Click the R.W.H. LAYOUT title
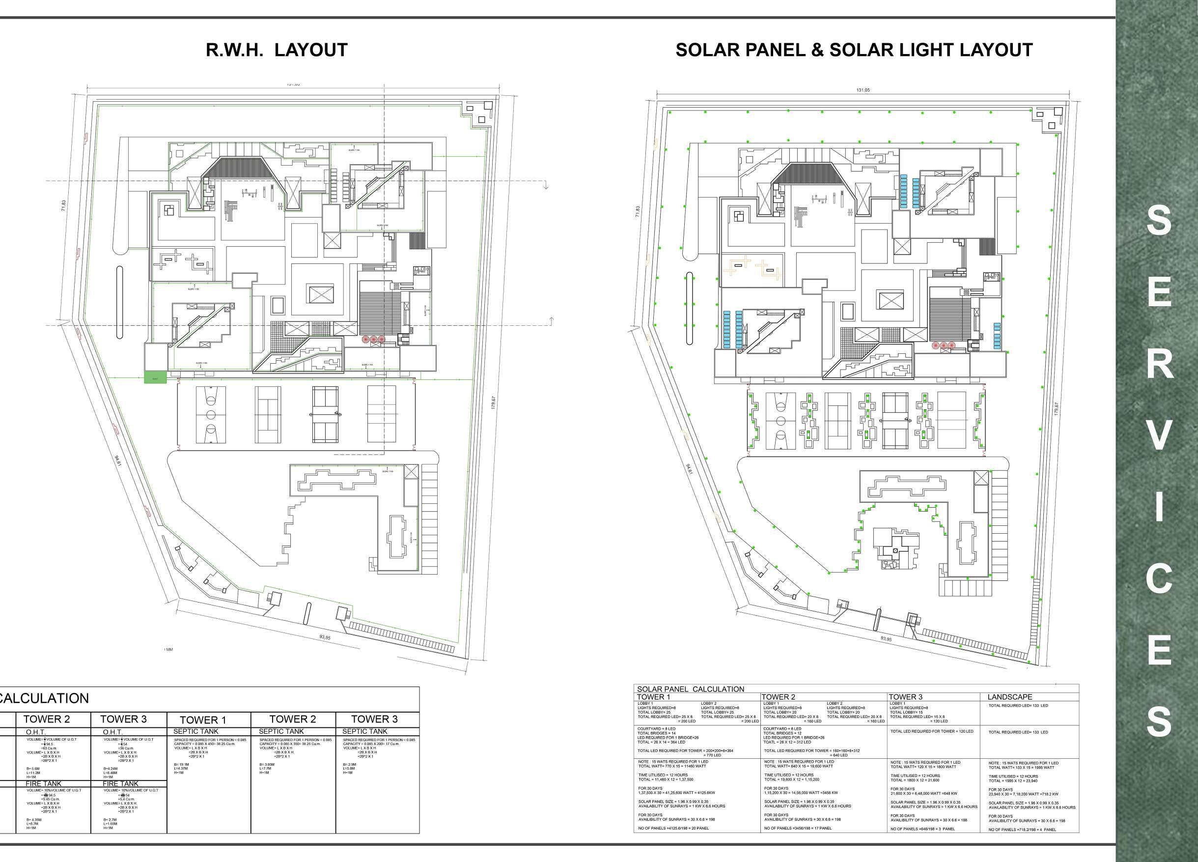click(276, 50)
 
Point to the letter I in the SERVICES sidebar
click(1158, 507)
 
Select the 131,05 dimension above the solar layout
click(863, 90)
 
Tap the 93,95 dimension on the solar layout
click(886, 639)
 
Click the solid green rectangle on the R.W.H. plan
click(155, 377)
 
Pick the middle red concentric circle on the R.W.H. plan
click(373, 339)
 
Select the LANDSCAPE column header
click(1009, 697)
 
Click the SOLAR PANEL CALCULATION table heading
click(690, 689)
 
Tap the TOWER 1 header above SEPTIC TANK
click(203, 720)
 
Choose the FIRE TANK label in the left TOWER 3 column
click(120, 784)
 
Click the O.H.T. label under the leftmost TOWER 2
click(36, 732)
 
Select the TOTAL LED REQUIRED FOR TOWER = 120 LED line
click(932, 731)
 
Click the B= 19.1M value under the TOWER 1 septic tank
click(181, 764)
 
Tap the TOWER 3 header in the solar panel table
click(905, 697)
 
